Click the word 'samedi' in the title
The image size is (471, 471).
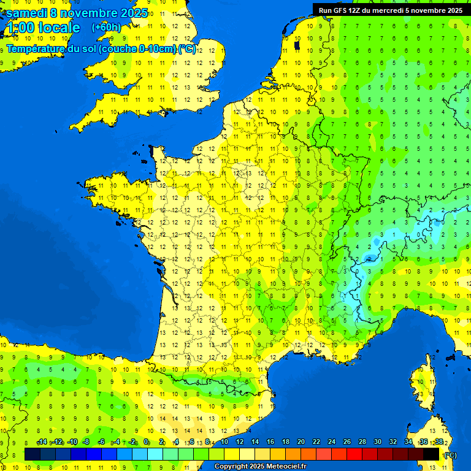click(27, 13)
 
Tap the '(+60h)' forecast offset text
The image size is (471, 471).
click(106, 28)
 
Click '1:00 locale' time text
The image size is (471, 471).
click(42, 28)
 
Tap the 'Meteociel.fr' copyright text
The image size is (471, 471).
click(286, 467)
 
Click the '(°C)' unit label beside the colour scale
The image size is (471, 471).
click(450, 455)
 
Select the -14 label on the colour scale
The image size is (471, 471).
click(42, 442)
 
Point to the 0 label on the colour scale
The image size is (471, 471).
click(146, 442)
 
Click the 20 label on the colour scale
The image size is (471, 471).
click(301, 442)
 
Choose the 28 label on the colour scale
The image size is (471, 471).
click(362, 442)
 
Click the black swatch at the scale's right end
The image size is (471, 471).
click(431, 454)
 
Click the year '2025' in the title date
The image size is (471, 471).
click(131, 13)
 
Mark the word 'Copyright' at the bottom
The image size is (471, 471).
click(232, 467)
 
